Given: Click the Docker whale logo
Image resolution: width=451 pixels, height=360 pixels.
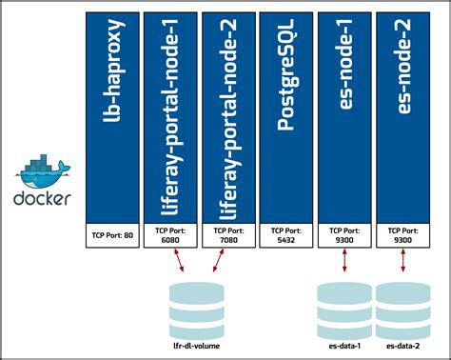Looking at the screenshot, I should tap(41, 172).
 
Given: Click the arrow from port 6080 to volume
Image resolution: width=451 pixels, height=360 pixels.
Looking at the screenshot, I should tap(178, 261).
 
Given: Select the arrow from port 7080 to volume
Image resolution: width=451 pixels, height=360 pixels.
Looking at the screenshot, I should tap(219, 261).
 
